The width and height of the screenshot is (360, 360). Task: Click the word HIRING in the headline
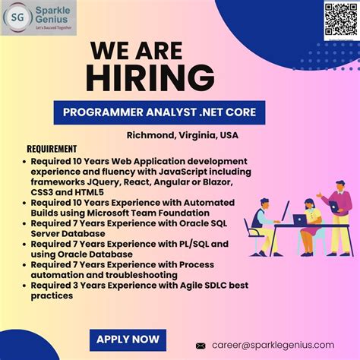(x=148, y=77)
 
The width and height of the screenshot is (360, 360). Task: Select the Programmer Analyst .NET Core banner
(x=159, y=113)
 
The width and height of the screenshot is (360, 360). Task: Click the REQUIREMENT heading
(x=52, y=149)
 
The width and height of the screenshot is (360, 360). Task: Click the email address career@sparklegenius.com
(x=274, y=344)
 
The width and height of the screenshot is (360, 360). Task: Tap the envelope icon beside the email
(x=201, y=345)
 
